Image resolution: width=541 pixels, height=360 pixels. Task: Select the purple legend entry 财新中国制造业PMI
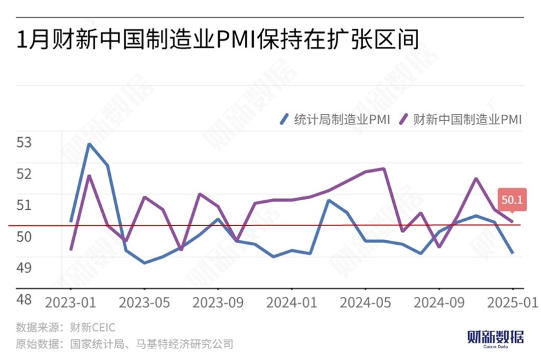coord(459,118)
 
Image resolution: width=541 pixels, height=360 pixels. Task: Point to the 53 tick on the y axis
coord(24,142)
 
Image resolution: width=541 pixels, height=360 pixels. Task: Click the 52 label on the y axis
coord(24,173)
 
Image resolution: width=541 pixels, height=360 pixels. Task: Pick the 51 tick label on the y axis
coord(24,205)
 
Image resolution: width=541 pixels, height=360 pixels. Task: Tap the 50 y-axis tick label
coord(24,236)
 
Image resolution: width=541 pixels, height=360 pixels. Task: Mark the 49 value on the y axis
coord(24,267)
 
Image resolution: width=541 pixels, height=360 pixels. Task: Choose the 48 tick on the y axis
coord(24,299)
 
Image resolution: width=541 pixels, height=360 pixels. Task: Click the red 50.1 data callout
coord(512,200)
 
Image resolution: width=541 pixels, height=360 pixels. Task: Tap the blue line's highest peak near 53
coord(89,144)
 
